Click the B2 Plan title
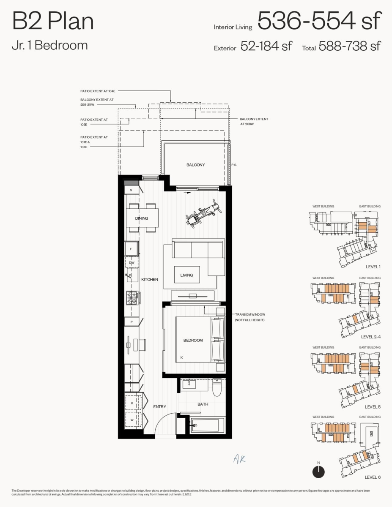(53, 21)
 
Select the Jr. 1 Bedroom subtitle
(50, 45)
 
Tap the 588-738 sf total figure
(350, 46)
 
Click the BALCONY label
(195, 165)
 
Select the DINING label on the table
(142, 218)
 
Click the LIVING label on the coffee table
(186, 275)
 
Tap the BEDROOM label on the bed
(193, 340)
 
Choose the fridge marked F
(131, 249)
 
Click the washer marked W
(132, 420)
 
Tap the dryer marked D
(132, 403)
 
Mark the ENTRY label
(159, 406)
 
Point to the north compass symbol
(318, 472)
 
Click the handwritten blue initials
(239, 459)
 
